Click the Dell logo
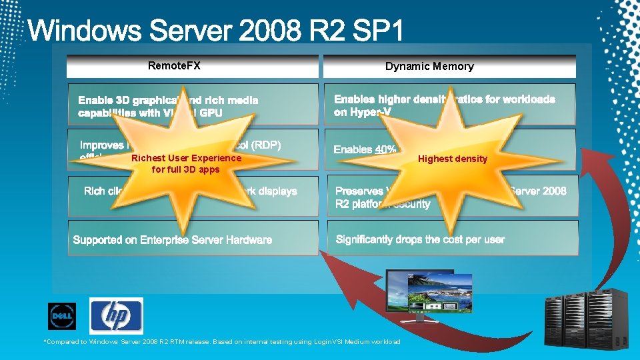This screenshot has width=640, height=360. [62, 316]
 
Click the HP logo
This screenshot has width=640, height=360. [116, 315]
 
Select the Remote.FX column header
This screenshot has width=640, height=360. [174, 65]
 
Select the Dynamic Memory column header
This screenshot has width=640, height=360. [429, 66]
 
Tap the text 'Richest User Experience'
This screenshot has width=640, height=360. [186, 158]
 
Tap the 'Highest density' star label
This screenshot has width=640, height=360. [453, 159]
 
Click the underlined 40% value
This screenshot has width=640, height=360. [385, 149]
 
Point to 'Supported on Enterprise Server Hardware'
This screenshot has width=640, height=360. [173, 239]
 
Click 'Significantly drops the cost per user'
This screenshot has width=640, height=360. [420, 239]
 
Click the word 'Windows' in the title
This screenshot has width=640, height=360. [79, 33]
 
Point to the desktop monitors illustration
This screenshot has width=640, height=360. [431, 293]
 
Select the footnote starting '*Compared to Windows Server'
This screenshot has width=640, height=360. [222, 342]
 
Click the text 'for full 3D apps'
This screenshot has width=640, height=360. [186, 169]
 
